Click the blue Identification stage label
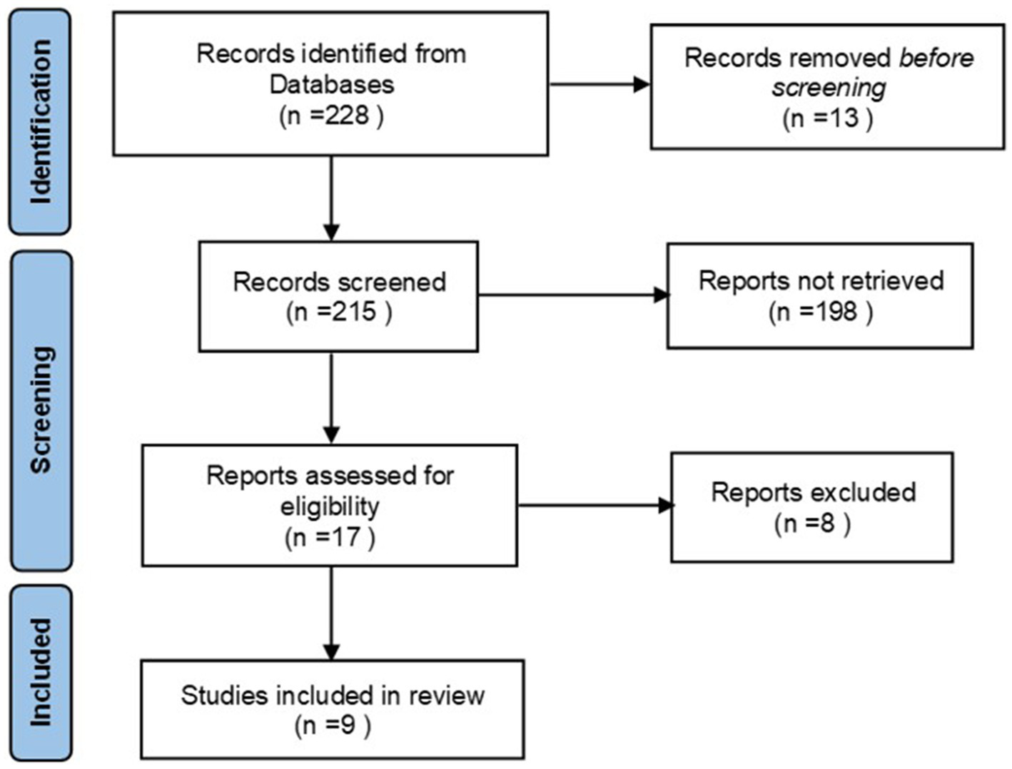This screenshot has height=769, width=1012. click(40, 122)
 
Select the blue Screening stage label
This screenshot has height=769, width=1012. click(41, 410)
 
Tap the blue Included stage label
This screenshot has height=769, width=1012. click(41, 672)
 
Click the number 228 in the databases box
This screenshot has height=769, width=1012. click(347, 115)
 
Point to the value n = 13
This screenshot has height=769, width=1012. click(827, 118)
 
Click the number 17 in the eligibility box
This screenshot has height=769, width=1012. click(345, 536)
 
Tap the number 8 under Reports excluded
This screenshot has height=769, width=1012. click(826, 523)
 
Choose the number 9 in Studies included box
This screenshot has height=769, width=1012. click(348, 725)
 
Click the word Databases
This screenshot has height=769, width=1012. click(331, 84)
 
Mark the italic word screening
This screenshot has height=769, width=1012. click(828, 87)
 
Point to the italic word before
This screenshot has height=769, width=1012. click(936, 57)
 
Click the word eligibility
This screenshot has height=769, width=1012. click(330, 506)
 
